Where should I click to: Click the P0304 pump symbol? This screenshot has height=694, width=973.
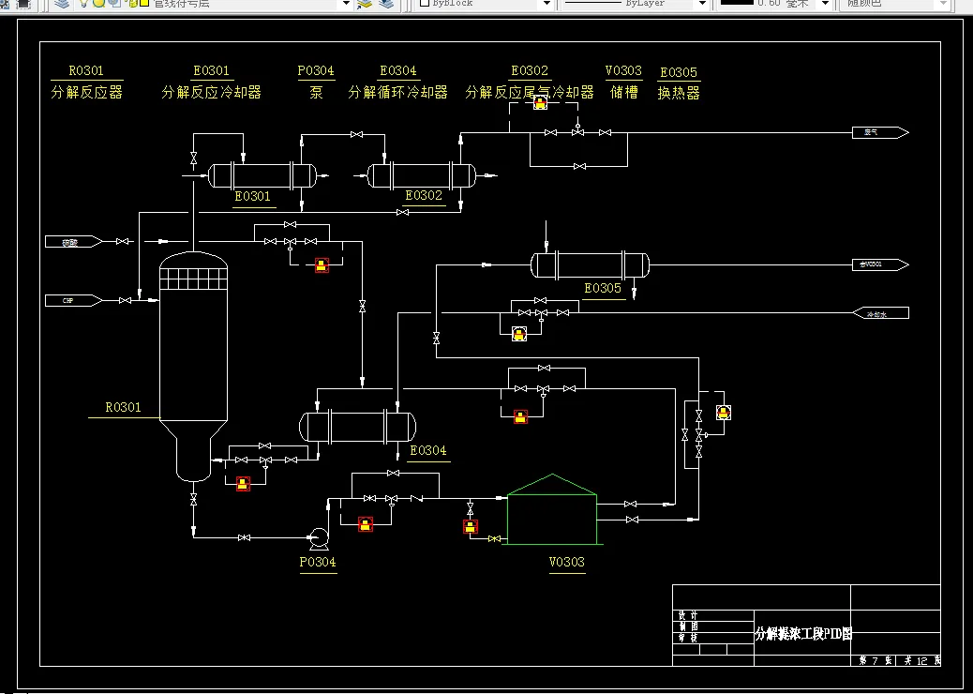pyautogui.click(x=318, y=537)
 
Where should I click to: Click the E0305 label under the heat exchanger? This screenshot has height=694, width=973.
pyautogui.click(x=603, y=288)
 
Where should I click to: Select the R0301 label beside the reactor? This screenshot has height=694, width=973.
pyautogui.click(x=123, y=407)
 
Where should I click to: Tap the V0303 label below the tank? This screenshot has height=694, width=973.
pyautogui.click(x=566, y=562)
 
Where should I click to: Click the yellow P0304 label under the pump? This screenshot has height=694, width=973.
pyautogui.click(x=318, y=562)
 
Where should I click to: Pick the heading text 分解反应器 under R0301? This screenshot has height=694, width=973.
pyautogui.click(x=86, y=93)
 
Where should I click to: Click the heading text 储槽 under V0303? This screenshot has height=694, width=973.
pyautogui.click(x=623, y=93)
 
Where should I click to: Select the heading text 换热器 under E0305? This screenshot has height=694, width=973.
pyautogui.click(x=679, y=93)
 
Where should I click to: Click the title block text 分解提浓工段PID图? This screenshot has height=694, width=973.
pyautogui.click(x=803, y=634)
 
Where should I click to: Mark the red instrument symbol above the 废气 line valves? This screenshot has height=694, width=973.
pyautogui.click(x=540, y=103)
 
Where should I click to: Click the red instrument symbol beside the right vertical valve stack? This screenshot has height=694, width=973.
pyautogui.click(x=723, y=412)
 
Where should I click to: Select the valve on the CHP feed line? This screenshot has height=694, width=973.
pyautogui.click(x=125, y=300)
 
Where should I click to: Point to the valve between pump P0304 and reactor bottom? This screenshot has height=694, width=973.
pyautogui.click(x=244, y=537)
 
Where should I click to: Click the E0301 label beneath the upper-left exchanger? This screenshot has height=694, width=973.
pyautogui.click(x=252, y=196)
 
